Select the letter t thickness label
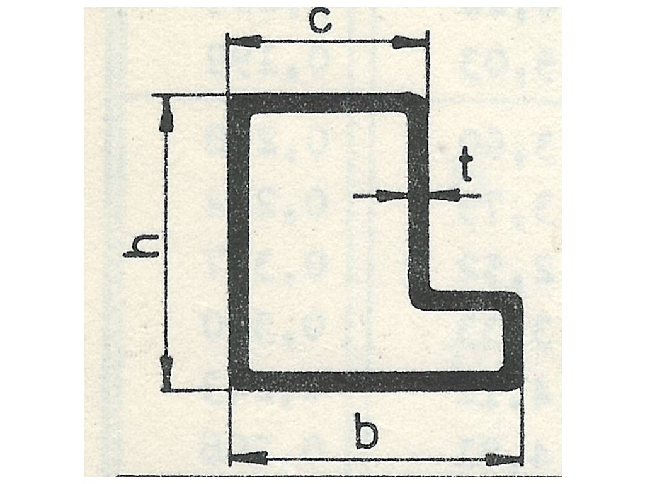[x=465, y=164]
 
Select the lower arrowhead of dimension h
[x=167, y=370]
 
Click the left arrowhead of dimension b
[x=247, y=458]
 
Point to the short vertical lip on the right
[x=514, y=337]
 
